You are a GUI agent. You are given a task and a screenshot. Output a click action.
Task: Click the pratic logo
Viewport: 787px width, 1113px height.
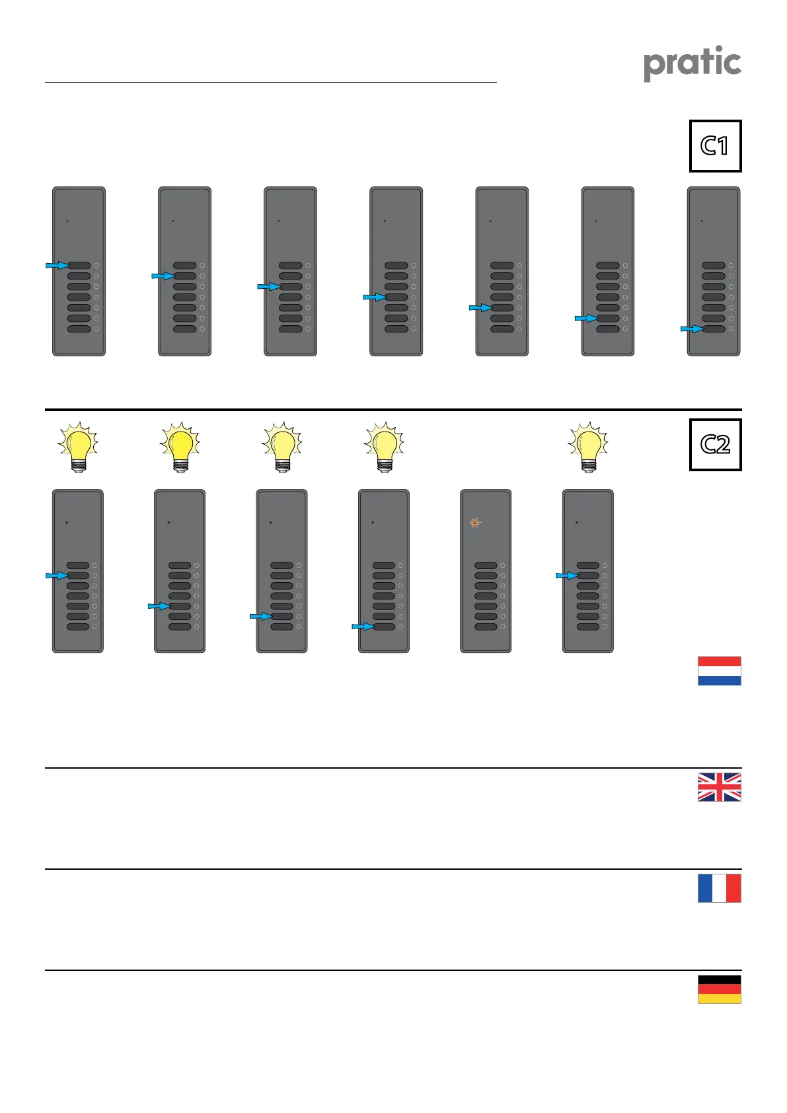pyautogui.click(x=693, y=63)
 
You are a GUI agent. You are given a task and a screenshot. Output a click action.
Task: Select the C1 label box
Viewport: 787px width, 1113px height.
pyautogui.click(x=715, y=146)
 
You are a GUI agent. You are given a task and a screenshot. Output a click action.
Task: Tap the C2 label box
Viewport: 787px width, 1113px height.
pyautogui.click(x=715, y=445)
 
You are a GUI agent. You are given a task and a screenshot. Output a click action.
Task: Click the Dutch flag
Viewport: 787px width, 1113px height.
pyautogui.click(x=719, y=671)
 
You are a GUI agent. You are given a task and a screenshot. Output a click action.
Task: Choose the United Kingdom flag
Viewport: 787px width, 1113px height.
pyautogui.click(x=719, y=787)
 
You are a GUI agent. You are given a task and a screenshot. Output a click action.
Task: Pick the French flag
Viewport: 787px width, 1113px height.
pyautogui.click(x=719, y=888)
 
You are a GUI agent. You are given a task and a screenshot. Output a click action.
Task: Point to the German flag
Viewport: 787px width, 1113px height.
pyautogui.click(x=719, y=989)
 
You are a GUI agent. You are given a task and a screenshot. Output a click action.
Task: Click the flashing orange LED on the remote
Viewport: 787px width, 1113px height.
pyautogui.click(x=474, y=523)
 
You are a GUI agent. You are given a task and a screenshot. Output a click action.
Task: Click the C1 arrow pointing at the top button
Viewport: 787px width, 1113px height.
pyautogui.click(x=57, y=266)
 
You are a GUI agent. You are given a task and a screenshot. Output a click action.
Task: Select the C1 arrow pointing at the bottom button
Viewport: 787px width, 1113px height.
pyautogui.click(x=691, y=328)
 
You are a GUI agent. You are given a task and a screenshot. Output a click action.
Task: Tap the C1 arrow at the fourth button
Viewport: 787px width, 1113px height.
pyautogui.click(x=374, y=297)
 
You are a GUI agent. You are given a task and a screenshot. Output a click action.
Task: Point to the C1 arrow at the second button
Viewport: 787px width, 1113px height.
pyautogui.click(x=163, y=276)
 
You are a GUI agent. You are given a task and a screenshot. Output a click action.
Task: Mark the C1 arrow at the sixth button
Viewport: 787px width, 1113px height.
pyautogui.click(x=585, y=319)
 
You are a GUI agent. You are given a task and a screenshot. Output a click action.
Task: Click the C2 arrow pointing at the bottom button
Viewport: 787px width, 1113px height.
pyautogui.click(x=362, y=626)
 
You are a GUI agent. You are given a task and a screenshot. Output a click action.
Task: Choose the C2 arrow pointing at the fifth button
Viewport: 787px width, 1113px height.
pyautogui.click(x=159, y=606)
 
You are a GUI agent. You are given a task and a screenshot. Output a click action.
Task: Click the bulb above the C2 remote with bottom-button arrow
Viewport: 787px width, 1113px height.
pyautogui.click(x=384, y=446)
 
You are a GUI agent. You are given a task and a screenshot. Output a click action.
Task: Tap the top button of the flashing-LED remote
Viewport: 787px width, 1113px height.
pyautogui.click(x=486, y=566)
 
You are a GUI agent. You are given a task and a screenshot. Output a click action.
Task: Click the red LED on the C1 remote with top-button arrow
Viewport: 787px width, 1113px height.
pyautogui.click(x=67, y=221)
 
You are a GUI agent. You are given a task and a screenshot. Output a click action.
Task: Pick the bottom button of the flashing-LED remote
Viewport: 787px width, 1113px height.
pyautogui.click(x=486, y=627)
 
